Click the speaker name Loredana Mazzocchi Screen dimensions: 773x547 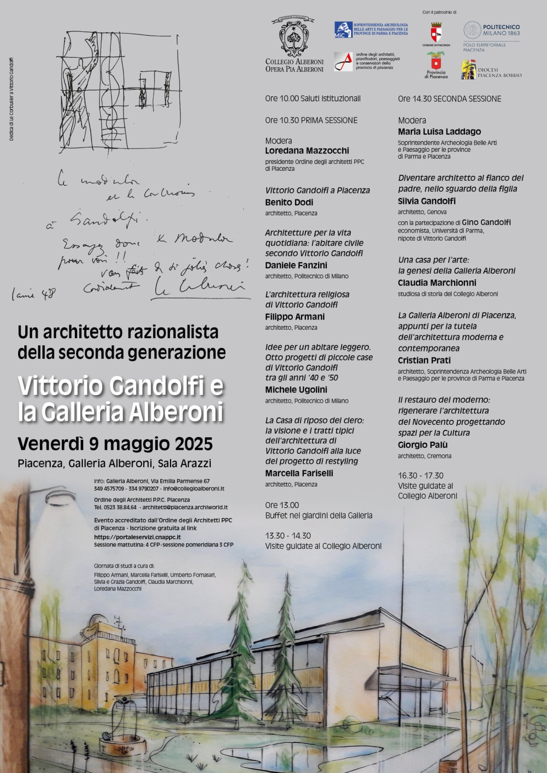point(307,151)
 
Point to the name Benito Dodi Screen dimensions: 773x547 point(289,202)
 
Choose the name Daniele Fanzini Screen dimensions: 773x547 point(296,265)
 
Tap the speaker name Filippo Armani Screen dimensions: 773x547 point(295,317)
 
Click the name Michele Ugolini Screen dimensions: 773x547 point(296,390)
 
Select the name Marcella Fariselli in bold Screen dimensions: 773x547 point(299,473)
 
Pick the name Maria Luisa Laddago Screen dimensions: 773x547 point(439,132)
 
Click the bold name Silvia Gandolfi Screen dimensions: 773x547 point(426,201)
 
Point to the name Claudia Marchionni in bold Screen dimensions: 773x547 point(437,283)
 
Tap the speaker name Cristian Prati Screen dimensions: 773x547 point(424,361)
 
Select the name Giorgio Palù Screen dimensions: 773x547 point(423,445)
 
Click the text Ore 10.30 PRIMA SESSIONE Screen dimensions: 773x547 point(311,120)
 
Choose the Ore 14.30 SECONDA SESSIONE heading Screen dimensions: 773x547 point(450,99)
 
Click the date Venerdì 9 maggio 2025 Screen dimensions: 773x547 point(115,444)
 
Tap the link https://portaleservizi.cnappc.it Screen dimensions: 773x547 point(137,537)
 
